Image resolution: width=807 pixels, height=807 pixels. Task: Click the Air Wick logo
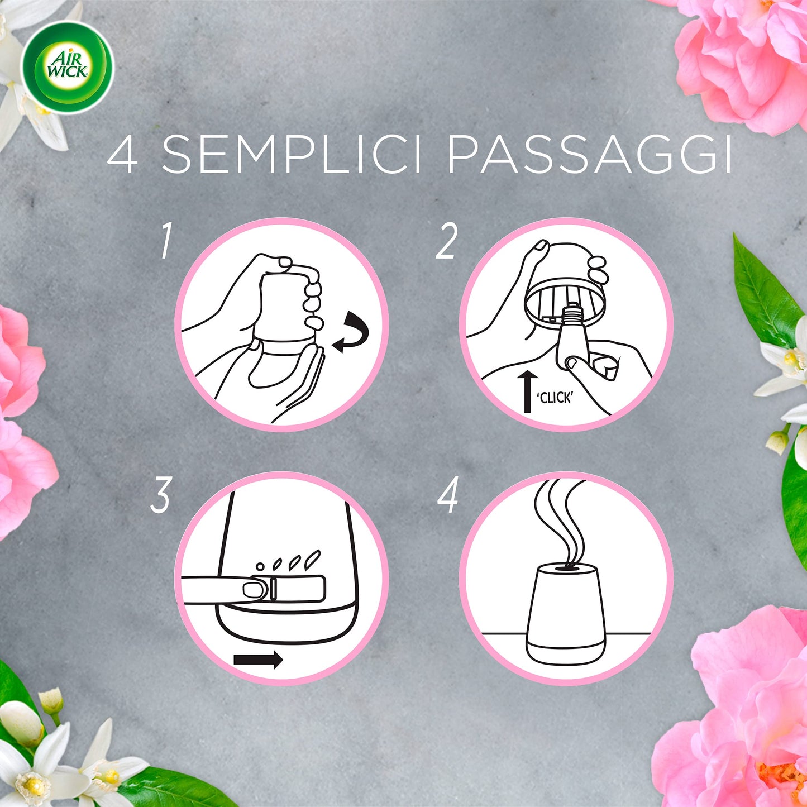[67, 67]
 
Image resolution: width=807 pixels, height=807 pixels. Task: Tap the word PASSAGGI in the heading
[590, 154]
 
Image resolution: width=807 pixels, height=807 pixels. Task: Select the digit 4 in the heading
[122, 154]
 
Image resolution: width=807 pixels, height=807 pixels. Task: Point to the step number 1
[166, 240]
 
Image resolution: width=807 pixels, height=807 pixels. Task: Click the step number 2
[446, 240]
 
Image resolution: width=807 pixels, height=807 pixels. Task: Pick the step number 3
[161, 495]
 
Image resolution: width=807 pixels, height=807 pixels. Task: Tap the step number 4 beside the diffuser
[448, 495]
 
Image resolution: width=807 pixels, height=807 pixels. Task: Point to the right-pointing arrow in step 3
[258, 660]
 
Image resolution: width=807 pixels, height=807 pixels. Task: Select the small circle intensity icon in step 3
[260, 567]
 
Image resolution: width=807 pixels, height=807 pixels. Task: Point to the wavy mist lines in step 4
[560, 523]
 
